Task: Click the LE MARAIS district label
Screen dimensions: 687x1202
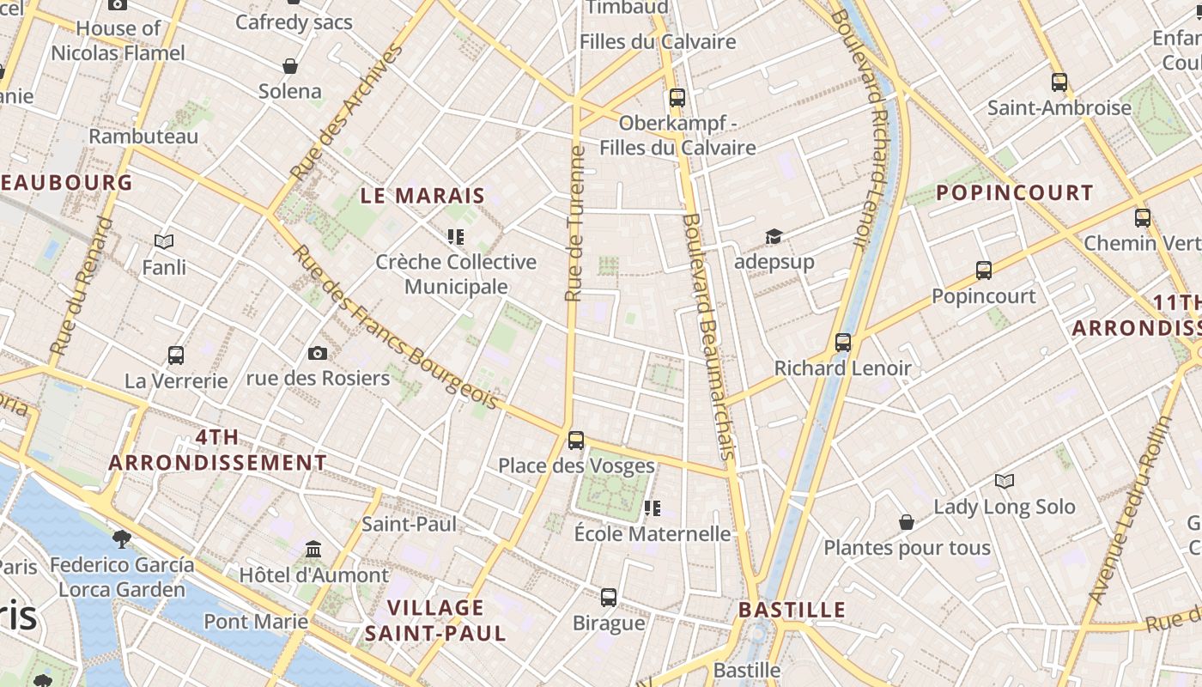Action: [422, 196]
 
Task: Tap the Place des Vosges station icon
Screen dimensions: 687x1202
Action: [576, 441]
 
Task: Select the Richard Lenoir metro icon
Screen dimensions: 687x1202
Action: [843, 343]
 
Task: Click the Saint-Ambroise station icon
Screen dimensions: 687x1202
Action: [1059, 82]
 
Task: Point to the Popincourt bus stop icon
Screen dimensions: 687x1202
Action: [984, 271]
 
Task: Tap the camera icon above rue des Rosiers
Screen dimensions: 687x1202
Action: [318, 353]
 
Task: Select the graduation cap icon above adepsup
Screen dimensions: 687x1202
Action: [774, 236]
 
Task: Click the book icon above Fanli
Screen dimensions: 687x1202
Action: [164, 242]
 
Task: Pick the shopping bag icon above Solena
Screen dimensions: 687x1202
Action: [290, 66]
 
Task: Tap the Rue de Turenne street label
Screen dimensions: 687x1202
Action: [575, 223]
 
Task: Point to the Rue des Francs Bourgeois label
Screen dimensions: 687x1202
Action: [395, 328]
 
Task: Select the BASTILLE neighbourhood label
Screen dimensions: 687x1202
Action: [792, 611]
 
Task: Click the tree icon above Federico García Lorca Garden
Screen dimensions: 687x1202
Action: [122, 539]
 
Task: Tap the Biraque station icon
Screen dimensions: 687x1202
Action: [609, 597]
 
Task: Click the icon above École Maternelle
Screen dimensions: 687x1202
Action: [653, 508]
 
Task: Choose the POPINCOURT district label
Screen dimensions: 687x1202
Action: [1015, 193]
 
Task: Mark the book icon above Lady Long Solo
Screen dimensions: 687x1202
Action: [1005, 481]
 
